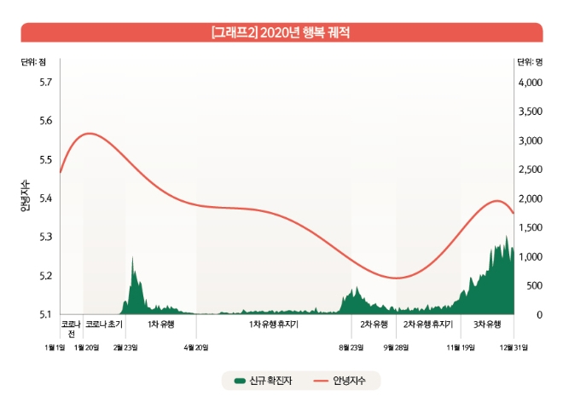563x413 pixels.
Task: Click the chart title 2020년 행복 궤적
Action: click(x=281, y=32)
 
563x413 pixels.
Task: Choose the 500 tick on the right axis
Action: click(x=533, y=285)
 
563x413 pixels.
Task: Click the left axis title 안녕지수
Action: click(x=27, y=198)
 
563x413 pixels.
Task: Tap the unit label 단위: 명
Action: click(x=530, y=61)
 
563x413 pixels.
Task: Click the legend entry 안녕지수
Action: click(x=349, y=381)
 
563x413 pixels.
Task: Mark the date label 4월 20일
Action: click(x=196, y=347)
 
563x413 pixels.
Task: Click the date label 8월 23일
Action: click(x=351, y=347)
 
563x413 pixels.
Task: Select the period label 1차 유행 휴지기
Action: click(x=274, y=324)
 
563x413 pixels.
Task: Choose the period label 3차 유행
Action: click(x=487, y=324)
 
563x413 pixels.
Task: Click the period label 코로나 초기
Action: click(x=104, y=324)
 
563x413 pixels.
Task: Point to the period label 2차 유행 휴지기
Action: click(x=427, y=324)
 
